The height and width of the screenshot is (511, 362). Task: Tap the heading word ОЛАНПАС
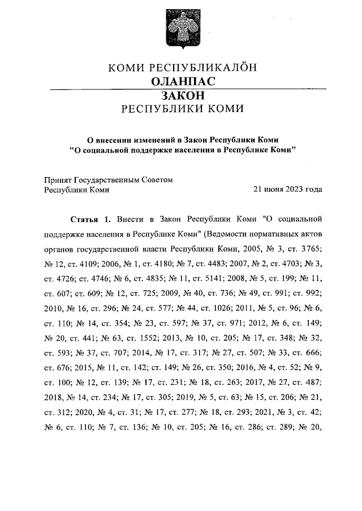click(x=182, y=83)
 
